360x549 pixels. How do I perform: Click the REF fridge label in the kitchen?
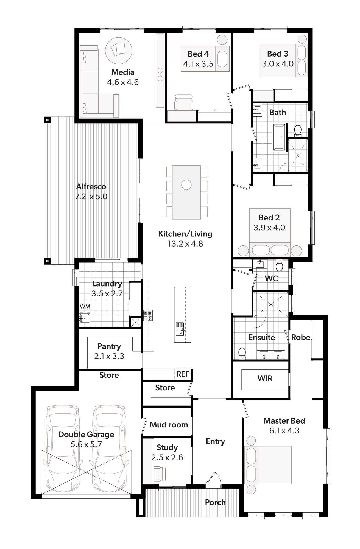(183, 374)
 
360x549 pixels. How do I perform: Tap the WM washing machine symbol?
(85, 306)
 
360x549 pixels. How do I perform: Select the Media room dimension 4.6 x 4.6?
(123, 82)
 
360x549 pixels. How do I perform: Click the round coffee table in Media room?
(119, 51)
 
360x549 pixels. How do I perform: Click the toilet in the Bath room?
(298, 131)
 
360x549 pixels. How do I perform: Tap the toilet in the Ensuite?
(242, 353)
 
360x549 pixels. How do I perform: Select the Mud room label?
(169, 425)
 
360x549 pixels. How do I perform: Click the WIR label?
(265, 379)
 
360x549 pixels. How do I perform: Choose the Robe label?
(301, 337)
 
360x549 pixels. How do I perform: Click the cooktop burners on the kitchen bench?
(148, 316)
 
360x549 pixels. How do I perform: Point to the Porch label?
(215, 502)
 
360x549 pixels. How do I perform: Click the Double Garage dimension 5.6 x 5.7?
(86, 444)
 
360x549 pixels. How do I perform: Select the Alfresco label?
(91, 187)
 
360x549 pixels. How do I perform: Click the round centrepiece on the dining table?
(186, 185)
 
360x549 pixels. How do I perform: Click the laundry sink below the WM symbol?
(85, 318)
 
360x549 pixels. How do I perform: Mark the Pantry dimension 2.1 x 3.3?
(109, 356)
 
